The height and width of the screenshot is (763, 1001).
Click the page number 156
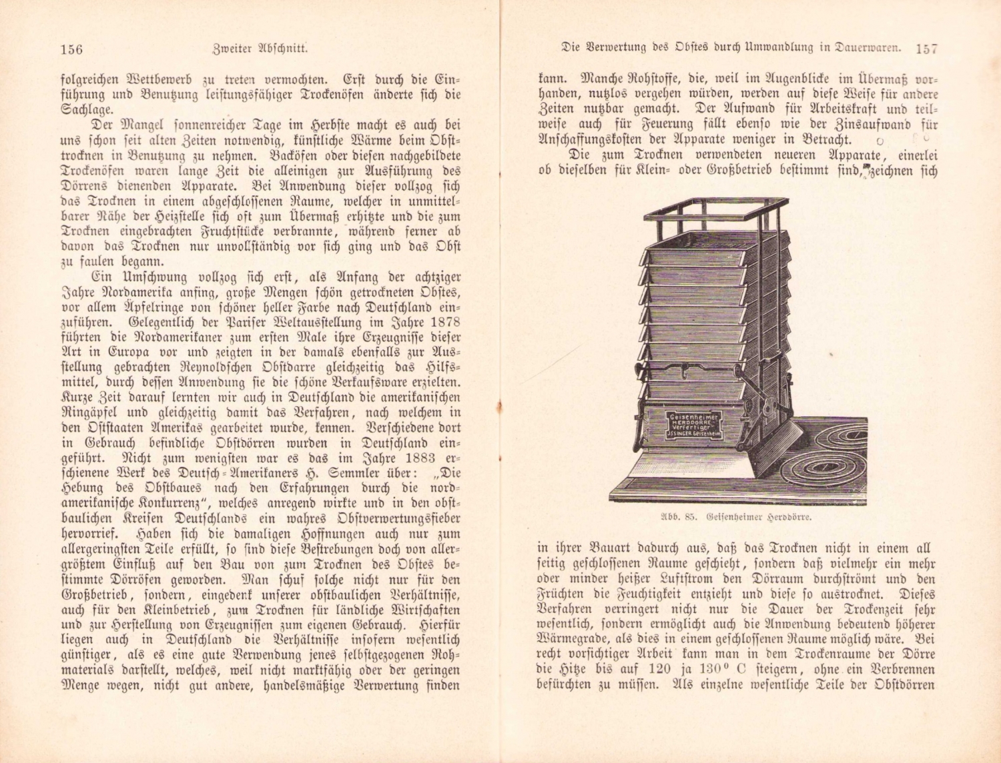71,49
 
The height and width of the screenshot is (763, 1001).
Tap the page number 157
927,48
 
